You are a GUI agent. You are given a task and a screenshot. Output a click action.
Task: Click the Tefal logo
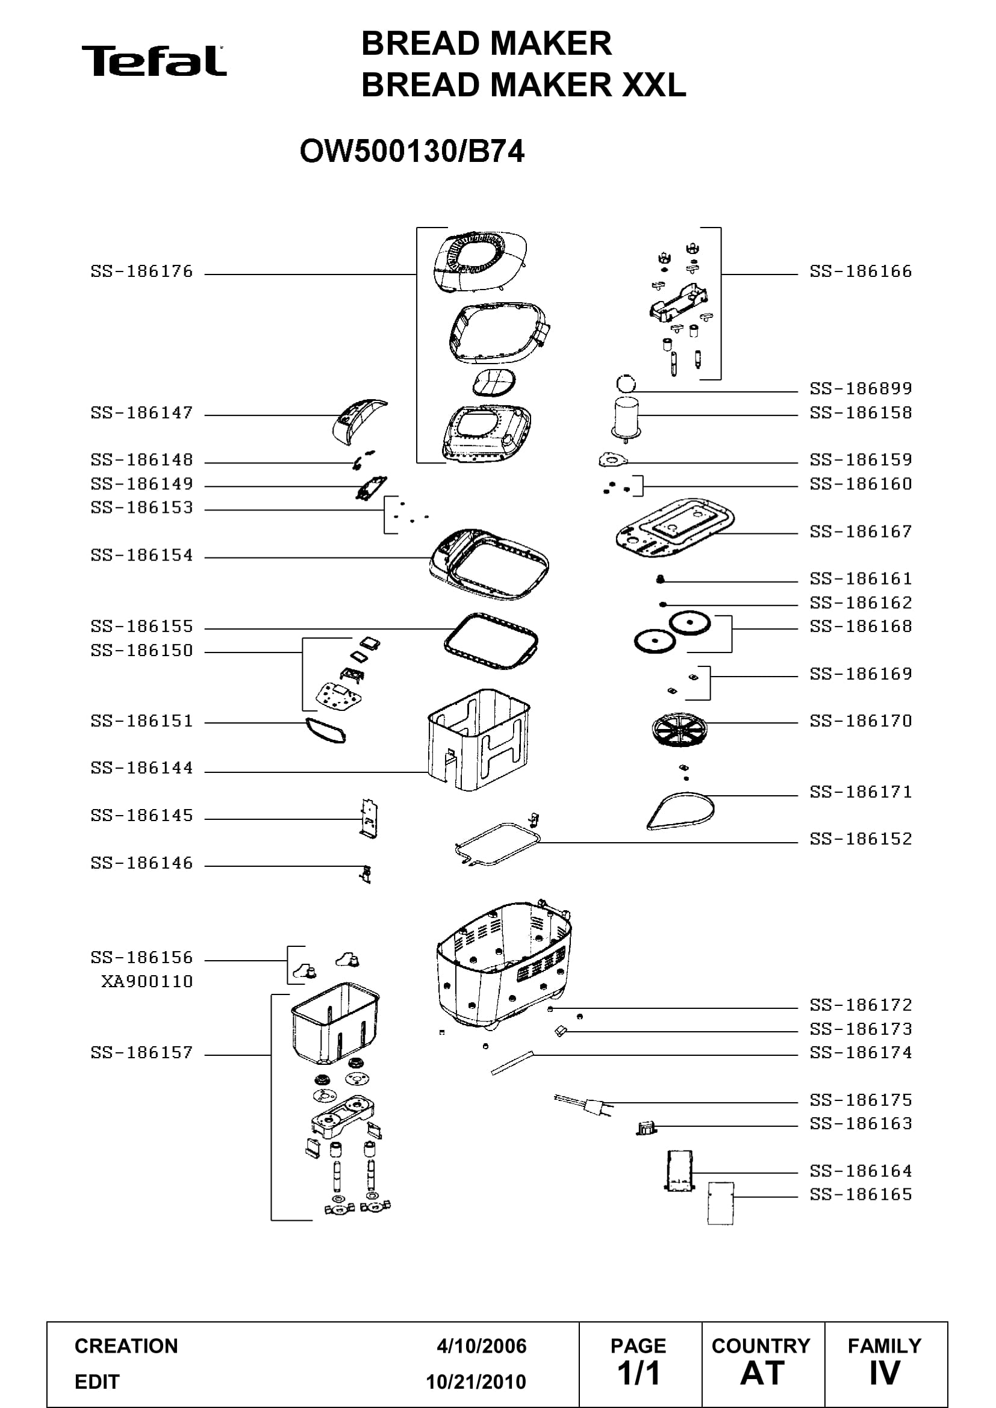pyautogui.click(x=154, y=61)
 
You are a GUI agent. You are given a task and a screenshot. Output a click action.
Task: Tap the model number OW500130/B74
pyautogui.click(x=411, y=152)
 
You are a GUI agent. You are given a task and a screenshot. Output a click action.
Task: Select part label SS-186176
pyautogui.click(x=142, y=271)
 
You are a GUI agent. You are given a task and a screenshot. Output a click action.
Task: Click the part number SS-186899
pyautogui.click(x=861, y=388)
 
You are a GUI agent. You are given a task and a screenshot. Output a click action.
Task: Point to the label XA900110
pyautogui.click(x=147, y=981)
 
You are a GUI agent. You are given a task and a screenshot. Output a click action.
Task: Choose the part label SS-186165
pyautogui.click(x=861, y=1194)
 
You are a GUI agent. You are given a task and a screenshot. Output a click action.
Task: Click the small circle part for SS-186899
pyautogui.click(x=626, y=385)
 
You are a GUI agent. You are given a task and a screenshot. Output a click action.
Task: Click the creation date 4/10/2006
pyautogui.click(x=482, y=1346)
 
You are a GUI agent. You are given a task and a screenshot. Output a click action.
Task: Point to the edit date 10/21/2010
pyautogui.click(x=476, y=1382)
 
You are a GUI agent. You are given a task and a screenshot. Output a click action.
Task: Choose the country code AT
pyautogui.click(x=762, y=1373)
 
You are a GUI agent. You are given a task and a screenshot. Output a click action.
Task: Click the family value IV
pyautogui.click(x=885, y=1373)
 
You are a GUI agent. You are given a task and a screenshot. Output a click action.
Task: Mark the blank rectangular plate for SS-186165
pyautogui.click(x=721, y=1203)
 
